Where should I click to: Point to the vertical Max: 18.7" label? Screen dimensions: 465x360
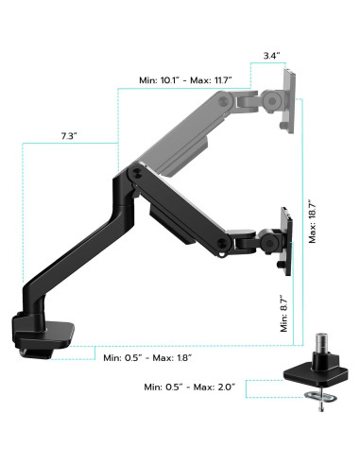311,222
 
